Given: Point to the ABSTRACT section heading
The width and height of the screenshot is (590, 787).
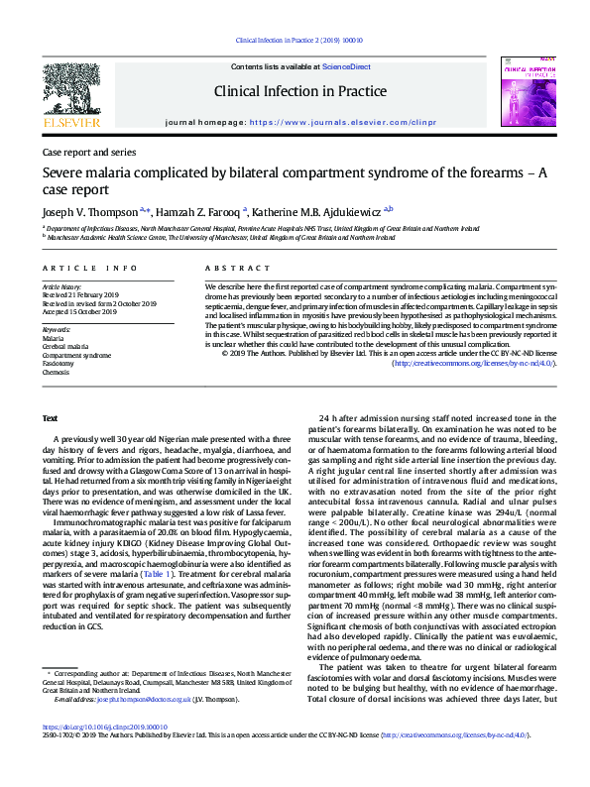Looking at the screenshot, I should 229,270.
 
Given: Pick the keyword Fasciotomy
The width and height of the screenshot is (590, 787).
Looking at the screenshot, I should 58,364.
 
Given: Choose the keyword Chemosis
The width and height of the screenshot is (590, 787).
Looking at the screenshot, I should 56,373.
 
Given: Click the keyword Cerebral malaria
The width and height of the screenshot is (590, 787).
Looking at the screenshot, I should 62,346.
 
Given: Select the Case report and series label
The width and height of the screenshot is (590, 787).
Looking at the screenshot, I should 89,153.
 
